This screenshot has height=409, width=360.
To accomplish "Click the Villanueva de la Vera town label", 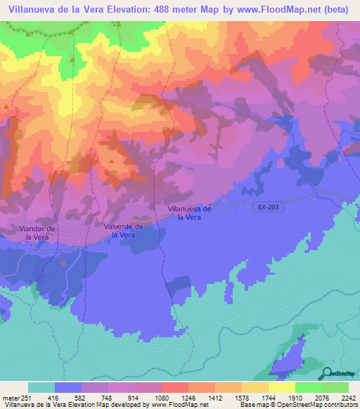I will [190, 213].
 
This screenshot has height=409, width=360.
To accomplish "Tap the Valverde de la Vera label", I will [123, 231].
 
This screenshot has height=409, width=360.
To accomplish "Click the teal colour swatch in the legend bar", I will [41, 387].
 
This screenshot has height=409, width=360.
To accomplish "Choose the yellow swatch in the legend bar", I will [282, 387].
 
